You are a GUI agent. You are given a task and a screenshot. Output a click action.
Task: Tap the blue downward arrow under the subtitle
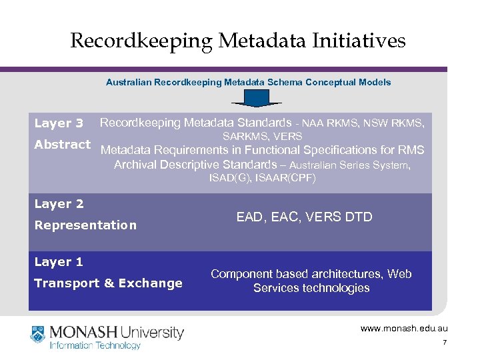[x=256, y=99]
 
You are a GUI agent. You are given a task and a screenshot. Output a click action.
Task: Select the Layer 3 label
[x=59, y=123]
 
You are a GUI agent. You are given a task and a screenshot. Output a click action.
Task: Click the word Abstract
[x=62, y=145]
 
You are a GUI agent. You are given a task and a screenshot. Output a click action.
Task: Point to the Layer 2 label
[x=59, y=204]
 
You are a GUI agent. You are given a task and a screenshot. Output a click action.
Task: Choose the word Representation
[x=85, y=225]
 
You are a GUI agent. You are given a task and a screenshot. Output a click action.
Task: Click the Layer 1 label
[x=59, y=262]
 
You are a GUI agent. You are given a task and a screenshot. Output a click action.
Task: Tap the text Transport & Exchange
[x=108, y=283]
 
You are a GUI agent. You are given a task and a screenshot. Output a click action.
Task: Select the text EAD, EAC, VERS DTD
[x=304, y=217]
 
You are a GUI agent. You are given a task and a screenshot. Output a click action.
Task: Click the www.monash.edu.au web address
[x=404, y=329]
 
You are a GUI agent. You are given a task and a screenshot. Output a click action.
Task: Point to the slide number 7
[x=443, y=343]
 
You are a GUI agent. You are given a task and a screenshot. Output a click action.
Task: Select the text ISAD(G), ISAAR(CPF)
[x=262, y=178]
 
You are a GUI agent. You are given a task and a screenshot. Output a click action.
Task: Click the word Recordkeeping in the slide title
[x=142, y=41]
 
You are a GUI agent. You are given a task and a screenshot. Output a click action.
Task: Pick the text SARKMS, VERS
[x=262, y=136]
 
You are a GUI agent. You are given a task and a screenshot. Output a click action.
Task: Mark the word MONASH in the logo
[x=83, y=331]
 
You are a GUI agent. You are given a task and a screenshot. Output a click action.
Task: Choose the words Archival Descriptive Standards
[x=195, y=164]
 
